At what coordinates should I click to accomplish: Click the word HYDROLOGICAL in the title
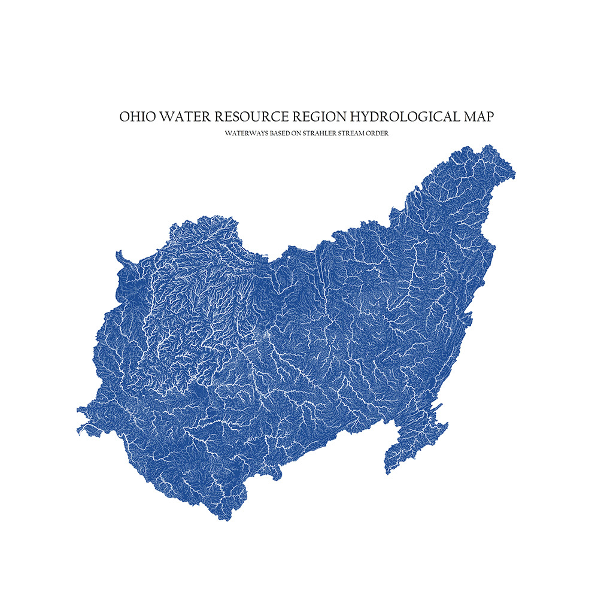[400, 116]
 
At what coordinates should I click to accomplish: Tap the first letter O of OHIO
[124, 116]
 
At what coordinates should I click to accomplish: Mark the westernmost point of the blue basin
[78, 410]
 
